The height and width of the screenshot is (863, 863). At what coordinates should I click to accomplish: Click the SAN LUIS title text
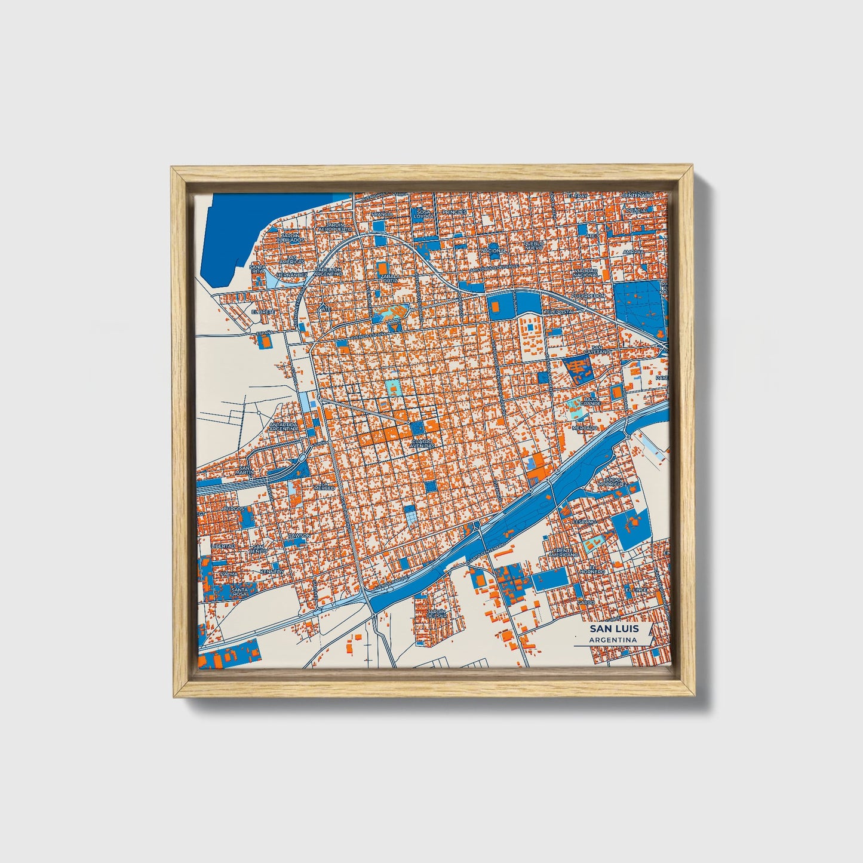[x=614, y=629]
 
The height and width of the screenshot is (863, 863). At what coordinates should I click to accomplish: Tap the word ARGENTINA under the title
[x=613, y=640]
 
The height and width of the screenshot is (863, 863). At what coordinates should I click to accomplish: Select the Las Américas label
[x=292, y=260]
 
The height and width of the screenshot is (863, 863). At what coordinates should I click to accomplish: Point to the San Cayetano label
[x=600, y=350]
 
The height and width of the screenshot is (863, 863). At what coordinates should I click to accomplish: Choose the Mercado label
[x=585, y=428]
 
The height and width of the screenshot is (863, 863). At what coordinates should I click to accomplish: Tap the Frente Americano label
[x=564, y=552]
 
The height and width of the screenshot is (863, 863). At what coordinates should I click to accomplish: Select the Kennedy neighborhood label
[x=271, y=572]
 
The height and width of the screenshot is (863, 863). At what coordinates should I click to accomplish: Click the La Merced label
[x=323, y=488]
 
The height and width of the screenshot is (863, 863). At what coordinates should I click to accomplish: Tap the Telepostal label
[x=560, y=312]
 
